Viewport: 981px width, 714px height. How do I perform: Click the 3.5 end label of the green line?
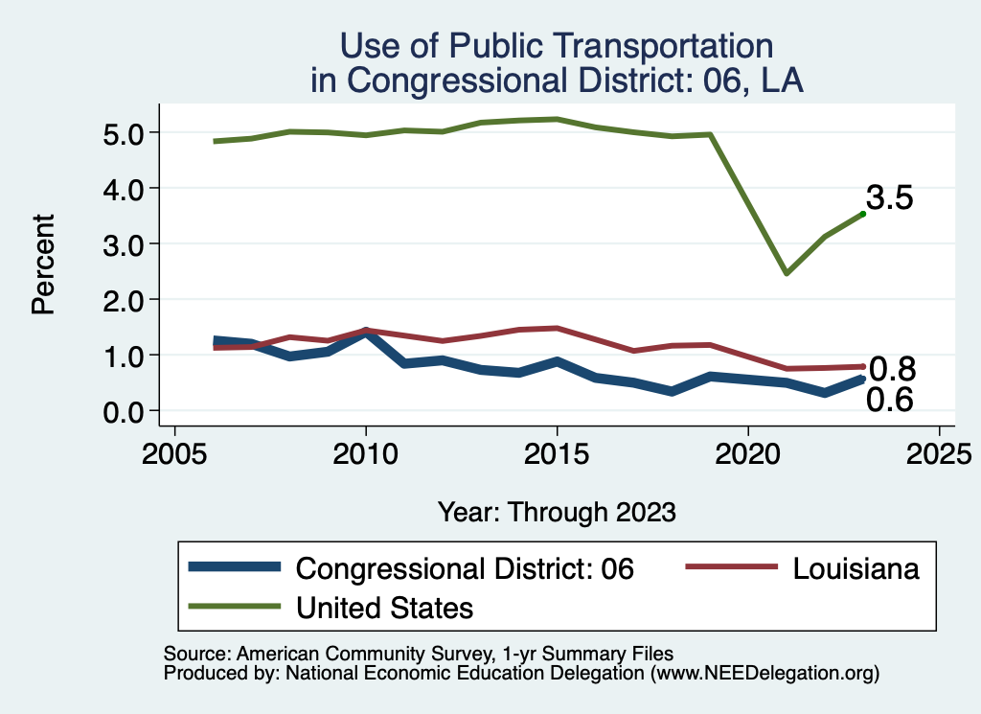click(889, 198)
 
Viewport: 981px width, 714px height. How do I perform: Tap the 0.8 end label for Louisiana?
click(892, 369)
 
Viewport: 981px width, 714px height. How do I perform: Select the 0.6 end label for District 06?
click(889, 401)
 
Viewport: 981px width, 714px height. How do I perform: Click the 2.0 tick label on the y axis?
click(123, 300)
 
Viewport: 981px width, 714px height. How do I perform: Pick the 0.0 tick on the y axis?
click(123, 411)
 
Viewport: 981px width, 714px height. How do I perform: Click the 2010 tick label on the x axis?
click(366, 452)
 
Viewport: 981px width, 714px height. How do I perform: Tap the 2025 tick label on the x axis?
click(939, 452)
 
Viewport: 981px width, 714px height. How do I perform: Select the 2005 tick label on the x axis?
click(174, 452)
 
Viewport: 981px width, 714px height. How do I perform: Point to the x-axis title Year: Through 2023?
click(557, 512)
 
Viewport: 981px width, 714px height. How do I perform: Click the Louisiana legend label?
click(856, 568)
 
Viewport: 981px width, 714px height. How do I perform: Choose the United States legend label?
click(385, 607)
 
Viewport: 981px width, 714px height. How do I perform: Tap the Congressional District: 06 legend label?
click(465, 568)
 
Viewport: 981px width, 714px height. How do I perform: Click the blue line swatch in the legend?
click(235, 566)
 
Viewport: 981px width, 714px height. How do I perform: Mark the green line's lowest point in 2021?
click(787, 273)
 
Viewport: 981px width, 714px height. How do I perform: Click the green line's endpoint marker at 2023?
click(863, 214)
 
